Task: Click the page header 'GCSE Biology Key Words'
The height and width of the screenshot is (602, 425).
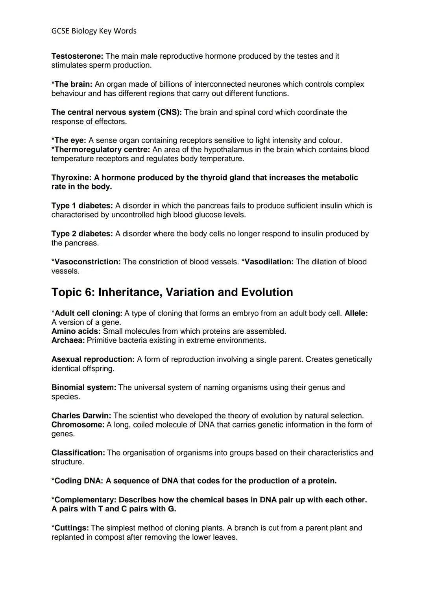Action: [x=94, y=31]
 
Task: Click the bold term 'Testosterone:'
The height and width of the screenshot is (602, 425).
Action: [x=77, y=56]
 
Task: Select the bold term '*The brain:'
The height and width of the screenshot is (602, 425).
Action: [x=72, y=84]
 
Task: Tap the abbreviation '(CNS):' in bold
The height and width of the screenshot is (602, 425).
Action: [x=170, y=112]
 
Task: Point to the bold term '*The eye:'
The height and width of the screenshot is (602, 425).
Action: [x=69, y=140]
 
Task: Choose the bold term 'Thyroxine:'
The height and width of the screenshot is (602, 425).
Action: [x=72, y=177]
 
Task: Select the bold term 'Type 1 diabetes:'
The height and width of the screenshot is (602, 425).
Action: [x=82, y=205]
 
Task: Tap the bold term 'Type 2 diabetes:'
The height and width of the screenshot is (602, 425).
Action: [x=82, y=234]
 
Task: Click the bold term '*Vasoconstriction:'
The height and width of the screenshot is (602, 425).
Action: [x=86, y=262]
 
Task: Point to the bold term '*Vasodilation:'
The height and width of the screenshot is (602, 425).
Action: [x=268, y=262]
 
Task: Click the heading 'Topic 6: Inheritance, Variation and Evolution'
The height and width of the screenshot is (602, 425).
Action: [x=172, y=292]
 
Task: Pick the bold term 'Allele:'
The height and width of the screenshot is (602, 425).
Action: [x=356, y=313]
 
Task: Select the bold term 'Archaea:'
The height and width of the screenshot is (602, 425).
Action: [x=68, y=340]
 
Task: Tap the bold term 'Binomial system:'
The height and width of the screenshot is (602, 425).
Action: [x=84, y=387]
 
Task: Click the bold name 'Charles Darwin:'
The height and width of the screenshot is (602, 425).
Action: [x=81, y=416]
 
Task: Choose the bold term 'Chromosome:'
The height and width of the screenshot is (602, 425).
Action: [x=78, y=425]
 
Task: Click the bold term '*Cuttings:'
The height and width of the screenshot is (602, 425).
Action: [x=70, y=528]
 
